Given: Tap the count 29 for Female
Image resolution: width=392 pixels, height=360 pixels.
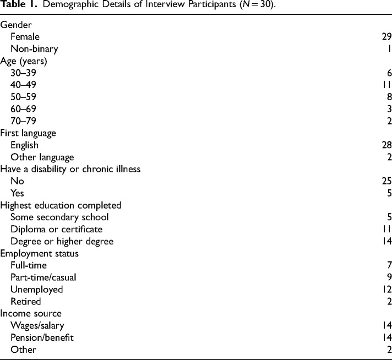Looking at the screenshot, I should [x=386, y=37].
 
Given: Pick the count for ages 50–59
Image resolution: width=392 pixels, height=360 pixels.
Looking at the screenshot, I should [x=388, y=96].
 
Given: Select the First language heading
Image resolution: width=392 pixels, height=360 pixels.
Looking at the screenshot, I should [x=28, y=133].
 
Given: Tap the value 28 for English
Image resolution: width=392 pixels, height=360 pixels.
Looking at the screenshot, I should [x=386, y=144].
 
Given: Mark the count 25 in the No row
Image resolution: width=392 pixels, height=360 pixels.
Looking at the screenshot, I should [x=386, y=180].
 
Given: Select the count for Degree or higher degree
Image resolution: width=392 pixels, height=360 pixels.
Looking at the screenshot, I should [x=386, y=241].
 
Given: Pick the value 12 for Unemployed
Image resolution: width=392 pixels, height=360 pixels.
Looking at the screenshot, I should [x=386, y=288].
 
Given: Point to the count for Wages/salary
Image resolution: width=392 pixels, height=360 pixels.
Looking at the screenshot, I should [x=386, y=325].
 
